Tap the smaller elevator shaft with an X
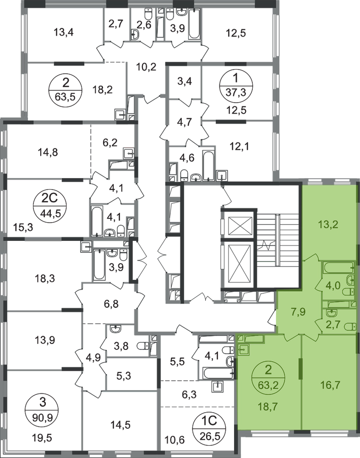tap(240, 225)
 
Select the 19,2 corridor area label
tap(147, 69)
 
